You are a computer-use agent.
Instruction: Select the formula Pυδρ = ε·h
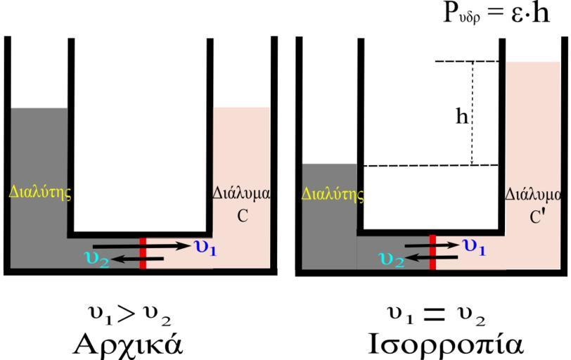click(x=496, y=15)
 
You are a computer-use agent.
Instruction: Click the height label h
click(x=461, y=117)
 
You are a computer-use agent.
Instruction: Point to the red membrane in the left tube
click(x=143, y=254)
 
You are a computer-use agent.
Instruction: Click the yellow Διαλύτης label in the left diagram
click(x=41, y=191)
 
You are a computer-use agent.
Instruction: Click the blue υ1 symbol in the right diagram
click(x=475, y=245)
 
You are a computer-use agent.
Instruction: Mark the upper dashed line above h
click(x=466, y=62)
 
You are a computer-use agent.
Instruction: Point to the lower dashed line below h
click(x=430, y=166)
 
